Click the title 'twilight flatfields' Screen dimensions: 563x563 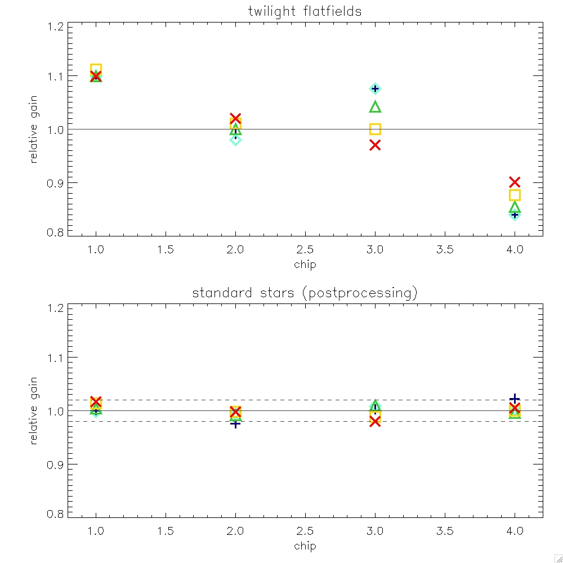[x=305, y=11]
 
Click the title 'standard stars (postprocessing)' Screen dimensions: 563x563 [x=305, y=293]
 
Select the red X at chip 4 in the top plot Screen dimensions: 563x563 [x=515, y=182]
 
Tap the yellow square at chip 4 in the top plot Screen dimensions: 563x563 [x=515, y=195]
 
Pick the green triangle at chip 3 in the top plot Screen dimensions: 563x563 [x=375, y=107]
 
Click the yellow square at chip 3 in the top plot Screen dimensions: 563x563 [x=375, y=129]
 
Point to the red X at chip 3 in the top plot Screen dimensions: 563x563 [x=375, y=145]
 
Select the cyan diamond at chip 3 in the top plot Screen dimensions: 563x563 [x=375, y=88]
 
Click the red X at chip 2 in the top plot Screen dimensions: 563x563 [x=235, y=118]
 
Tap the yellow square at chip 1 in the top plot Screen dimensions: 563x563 [x=96, y=69]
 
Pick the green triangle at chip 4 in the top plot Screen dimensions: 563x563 [x=515, y=208]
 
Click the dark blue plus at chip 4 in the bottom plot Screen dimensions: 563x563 [x=515, y=399]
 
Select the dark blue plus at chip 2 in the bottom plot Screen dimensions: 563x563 [x=235, y=423]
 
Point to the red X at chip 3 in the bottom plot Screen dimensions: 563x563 [x=375, y=422]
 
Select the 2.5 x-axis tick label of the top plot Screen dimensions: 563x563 [x=305, y=250]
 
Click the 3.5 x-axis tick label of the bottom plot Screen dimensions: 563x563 [x=445, y=531]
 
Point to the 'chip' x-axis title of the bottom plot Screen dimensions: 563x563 [x=305, y=546]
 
